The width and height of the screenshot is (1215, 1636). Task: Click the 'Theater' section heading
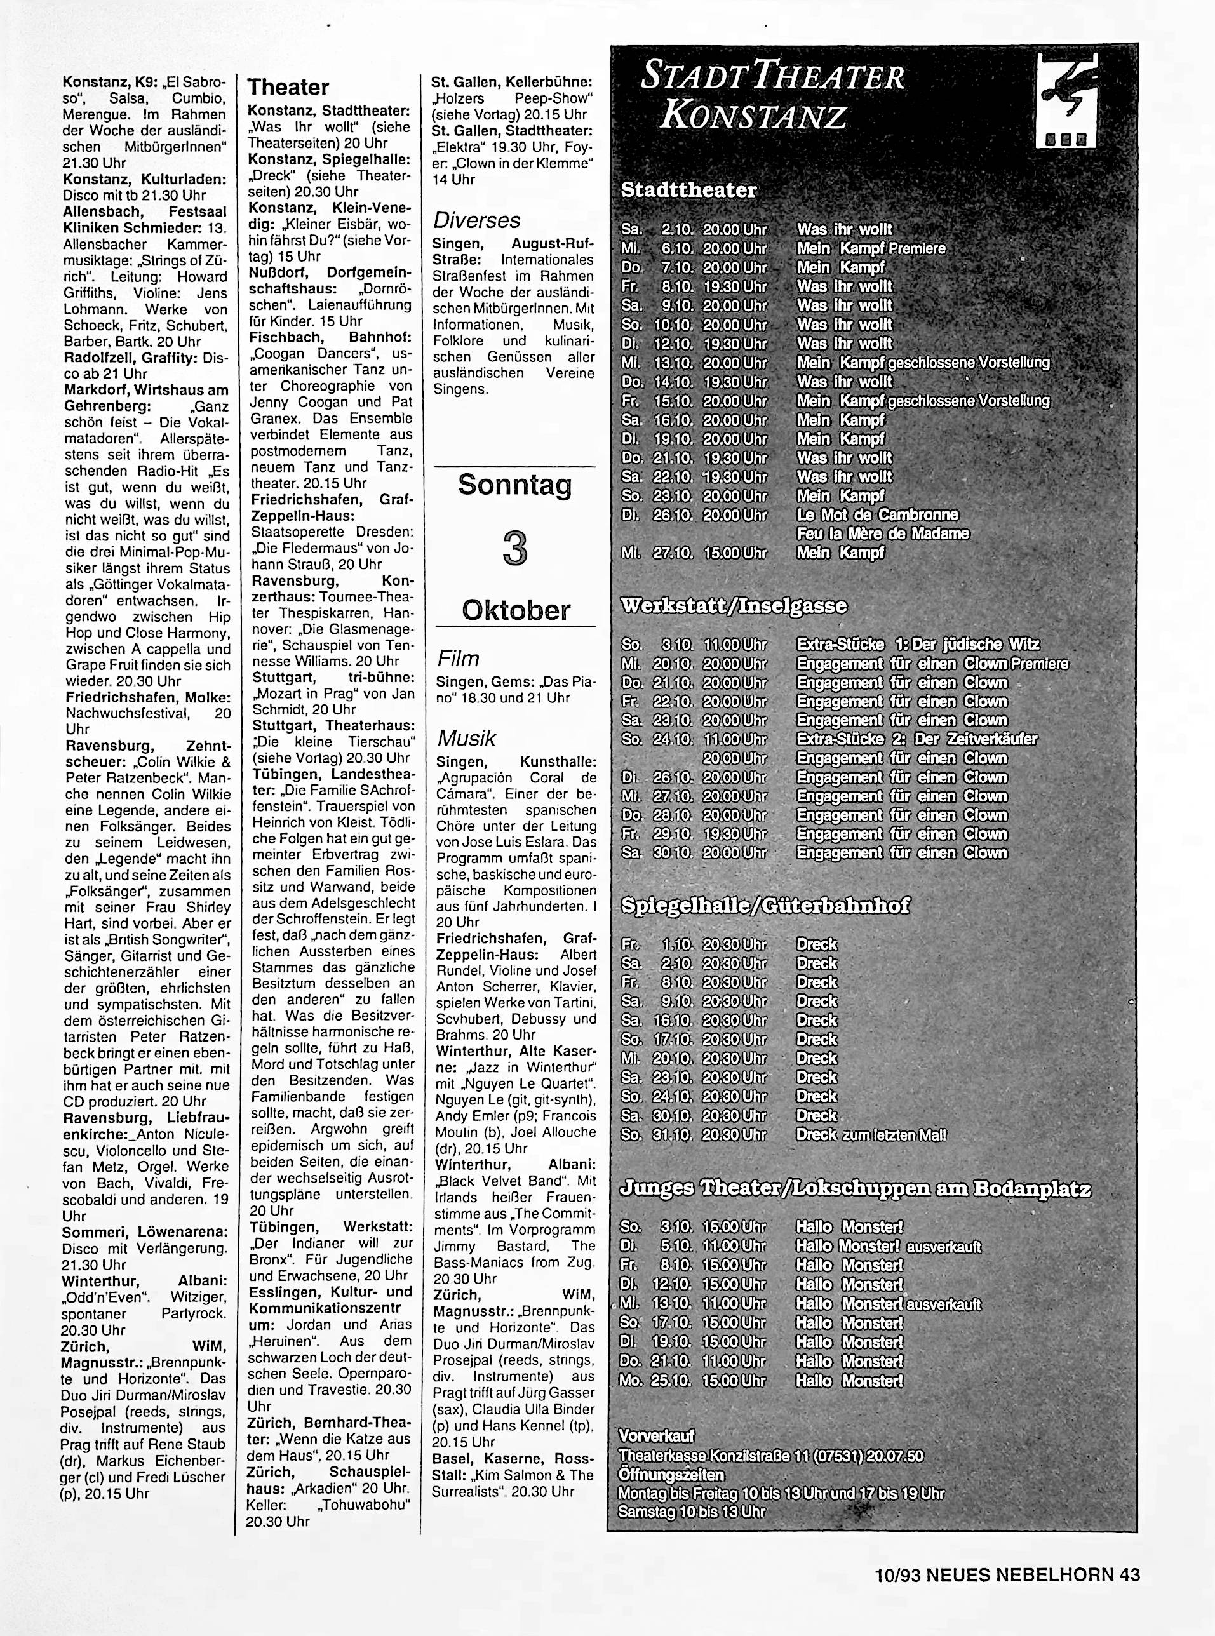pos(288,88)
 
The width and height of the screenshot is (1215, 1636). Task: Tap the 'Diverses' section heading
pos(476,220)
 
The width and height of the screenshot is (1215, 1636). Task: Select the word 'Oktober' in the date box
pos(516,610)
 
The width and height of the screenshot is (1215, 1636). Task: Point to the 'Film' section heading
pos(457,658)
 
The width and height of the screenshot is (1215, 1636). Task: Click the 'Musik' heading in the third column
pos(466,738)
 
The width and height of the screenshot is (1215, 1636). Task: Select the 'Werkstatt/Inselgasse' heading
pos(734,606)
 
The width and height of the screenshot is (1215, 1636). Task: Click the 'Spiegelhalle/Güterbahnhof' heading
pos(765,905)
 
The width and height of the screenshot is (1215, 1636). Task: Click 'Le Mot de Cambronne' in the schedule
pos(877,514)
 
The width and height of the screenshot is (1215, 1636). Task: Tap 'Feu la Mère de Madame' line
pos(883,534)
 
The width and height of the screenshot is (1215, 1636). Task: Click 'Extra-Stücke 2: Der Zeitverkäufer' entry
pos(916,739)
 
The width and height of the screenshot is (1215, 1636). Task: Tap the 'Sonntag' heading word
pos(515,485)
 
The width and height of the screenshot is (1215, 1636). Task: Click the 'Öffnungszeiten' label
pos(671,1474)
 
